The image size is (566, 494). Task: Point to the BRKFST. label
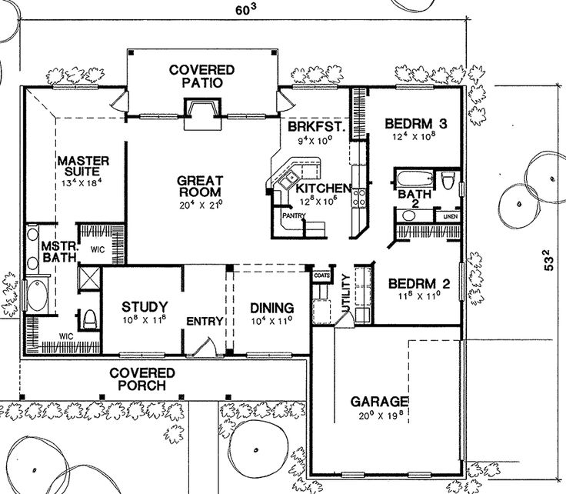tap(314, 125)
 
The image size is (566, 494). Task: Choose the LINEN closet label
tap(449, 219)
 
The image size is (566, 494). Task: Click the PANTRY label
tap(293, 216)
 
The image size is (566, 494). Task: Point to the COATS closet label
tap(321, 272)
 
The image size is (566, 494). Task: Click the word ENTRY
tap(204, 321)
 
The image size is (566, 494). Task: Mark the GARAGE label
tap(378, 402)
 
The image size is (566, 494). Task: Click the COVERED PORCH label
tap(141, 379)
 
